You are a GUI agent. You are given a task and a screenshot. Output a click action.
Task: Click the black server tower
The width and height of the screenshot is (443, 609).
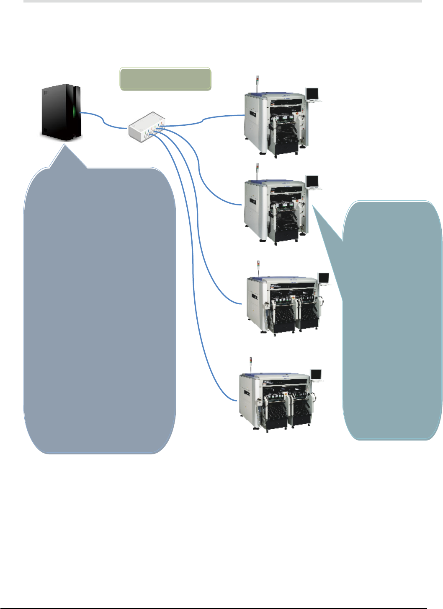[x=61, y=112]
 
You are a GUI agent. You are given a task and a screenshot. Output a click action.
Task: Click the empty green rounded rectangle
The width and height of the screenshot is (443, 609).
[x=165, y=79]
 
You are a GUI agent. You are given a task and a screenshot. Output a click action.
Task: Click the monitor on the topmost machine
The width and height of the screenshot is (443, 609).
[x=312, y=93]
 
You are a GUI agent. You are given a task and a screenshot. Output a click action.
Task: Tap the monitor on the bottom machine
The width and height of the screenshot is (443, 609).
[x=316, y=374]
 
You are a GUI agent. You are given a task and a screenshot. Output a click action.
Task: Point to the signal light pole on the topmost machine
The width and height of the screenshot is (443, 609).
[x=257, y=83]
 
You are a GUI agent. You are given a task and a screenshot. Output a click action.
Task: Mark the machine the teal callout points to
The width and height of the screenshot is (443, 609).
[x=275, y=210]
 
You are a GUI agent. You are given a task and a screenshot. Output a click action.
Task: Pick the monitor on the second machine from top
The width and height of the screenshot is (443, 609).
[x=312, y=181]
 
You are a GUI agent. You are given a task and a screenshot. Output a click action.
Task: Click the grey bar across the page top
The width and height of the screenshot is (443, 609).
[x=222, y=1]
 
